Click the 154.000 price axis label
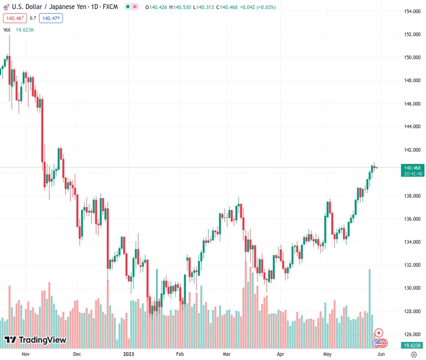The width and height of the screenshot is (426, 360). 411,11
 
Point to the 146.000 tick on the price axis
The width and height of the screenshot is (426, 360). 411,104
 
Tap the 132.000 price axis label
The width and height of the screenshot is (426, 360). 411,265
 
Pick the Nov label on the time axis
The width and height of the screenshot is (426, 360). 25,354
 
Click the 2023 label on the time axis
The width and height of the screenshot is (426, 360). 129,354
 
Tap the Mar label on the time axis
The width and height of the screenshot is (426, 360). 227,354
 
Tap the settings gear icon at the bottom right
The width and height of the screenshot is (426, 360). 413,354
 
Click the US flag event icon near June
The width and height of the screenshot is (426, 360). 379,343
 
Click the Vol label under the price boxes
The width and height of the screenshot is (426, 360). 7,29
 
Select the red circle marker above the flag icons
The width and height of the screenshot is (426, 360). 379,332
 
